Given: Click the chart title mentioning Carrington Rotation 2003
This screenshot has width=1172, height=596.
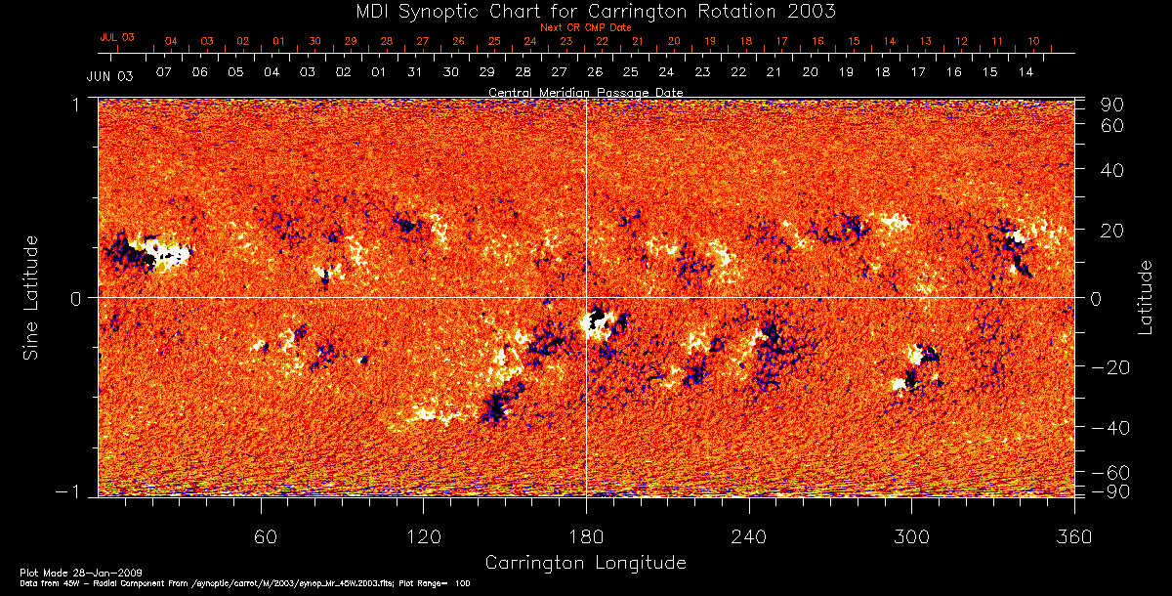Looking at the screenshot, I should [586, 12].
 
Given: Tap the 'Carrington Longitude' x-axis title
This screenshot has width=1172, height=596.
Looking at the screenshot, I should [585, 563].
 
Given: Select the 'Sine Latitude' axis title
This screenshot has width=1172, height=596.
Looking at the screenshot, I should [32, 296].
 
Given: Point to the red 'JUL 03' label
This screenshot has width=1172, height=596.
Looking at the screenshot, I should [117, 37].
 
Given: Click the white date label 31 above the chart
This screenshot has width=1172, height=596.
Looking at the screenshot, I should [414, 73].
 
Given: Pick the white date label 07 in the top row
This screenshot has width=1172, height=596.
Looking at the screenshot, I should [163, 73].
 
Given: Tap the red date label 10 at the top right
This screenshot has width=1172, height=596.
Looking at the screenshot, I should [1033, 42].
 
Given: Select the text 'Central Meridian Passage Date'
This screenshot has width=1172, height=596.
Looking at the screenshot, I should [585, 93].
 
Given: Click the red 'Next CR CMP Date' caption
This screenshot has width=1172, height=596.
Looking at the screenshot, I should [585, 28].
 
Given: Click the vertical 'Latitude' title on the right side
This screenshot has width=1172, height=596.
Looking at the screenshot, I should [1145, 296].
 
